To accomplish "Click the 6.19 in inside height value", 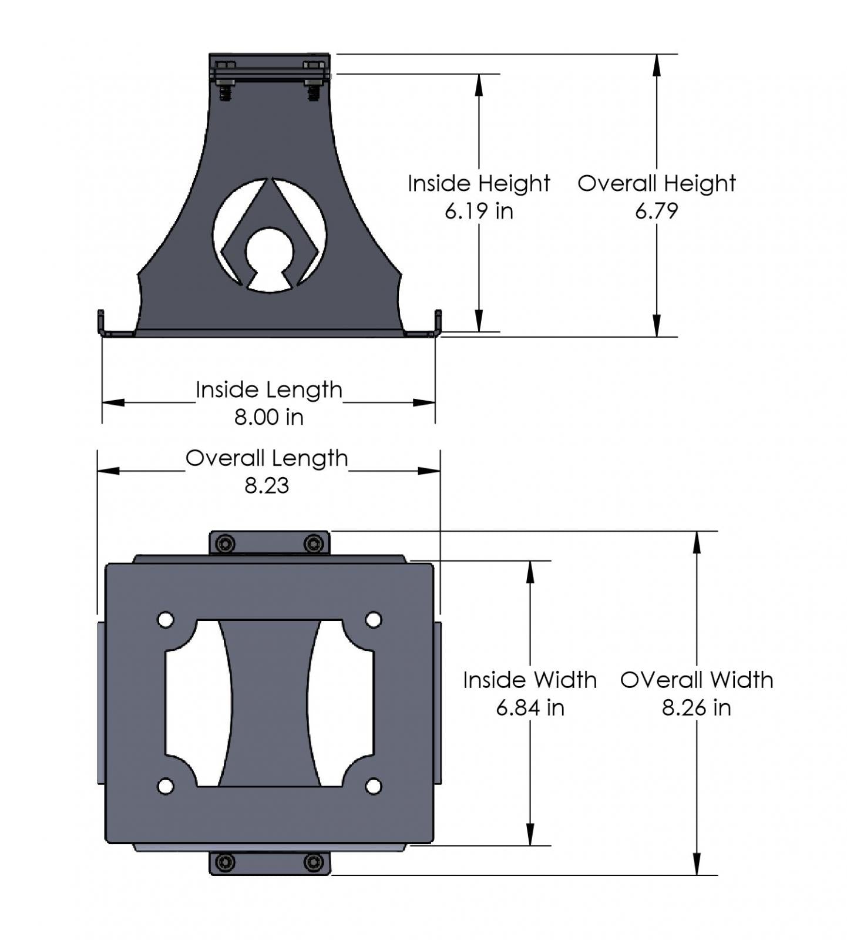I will coord(479,211).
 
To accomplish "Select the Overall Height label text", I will coord(656,183).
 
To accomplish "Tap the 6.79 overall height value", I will coord(656,211).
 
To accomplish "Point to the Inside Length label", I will coord(268,390).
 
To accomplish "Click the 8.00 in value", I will coord(268,417).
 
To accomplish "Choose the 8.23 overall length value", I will coord(267,486).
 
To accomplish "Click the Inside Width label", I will coord(529,680).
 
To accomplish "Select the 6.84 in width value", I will coord(530,707).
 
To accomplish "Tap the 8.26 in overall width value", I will coord(696,707).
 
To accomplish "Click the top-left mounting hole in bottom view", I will coord(166,620).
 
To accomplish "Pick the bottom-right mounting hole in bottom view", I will coord(373,786).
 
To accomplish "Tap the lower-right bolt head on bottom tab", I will coord(314,862).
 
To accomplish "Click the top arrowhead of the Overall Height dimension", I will coord(657,65).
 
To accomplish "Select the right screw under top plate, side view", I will coord(314,92).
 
